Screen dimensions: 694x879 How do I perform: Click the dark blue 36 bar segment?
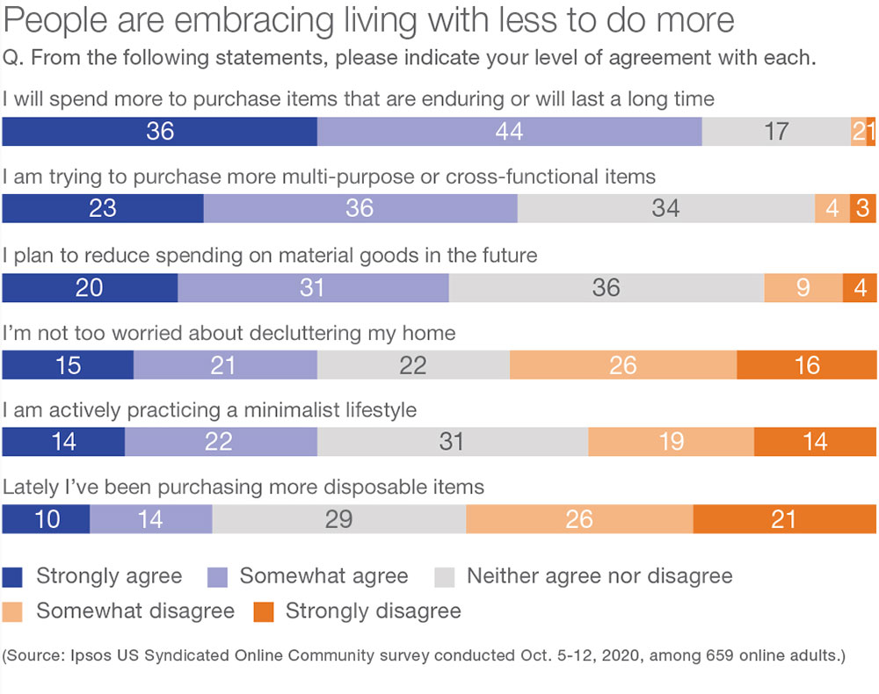pos(159,131)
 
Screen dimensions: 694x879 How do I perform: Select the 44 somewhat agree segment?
pos(509,131)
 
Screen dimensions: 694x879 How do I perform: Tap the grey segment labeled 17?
pos(775,131)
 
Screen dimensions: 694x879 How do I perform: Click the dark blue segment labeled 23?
pos(103,209)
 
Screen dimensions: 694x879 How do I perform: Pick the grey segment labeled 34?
pos(665,209)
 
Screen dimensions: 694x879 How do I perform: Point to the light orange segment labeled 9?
pos(803,287)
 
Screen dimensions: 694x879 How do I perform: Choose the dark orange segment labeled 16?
pos(806,365)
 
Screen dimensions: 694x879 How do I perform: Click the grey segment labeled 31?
pos(452,441)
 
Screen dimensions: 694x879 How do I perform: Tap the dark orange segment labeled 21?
pos(784,519)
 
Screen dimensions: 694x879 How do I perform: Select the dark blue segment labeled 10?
pos(46,519)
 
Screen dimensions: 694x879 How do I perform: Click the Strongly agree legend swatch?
pos(13,577)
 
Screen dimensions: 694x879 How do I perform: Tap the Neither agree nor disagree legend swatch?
pos(445,577)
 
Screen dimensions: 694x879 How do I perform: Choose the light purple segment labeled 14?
pos(150,519)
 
